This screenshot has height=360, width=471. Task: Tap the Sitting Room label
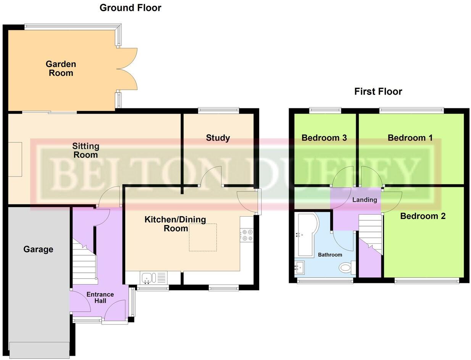(86, 151)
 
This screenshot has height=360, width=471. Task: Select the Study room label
(218, 138)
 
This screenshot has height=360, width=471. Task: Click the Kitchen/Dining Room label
(175, 224)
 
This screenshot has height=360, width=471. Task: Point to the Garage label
(38, 249)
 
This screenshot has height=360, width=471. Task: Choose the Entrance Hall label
(100, 297)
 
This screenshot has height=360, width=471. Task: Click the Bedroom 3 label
(324, 138)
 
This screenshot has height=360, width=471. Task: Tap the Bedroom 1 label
(410, 138)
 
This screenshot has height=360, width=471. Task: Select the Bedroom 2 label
(423, 216)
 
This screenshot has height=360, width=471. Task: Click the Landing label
(365, 200)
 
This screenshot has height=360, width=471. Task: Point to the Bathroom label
(330, 255)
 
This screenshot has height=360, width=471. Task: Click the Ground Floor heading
(130, 8)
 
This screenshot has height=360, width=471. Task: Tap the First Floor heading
(378, 92)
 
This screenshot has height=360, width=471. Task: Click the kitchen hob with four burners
(247, 235)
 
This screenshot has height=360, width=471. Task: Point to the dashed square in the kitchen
(203, 237)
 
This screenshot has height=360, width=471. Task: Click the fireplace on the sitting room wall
(15, 159)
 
